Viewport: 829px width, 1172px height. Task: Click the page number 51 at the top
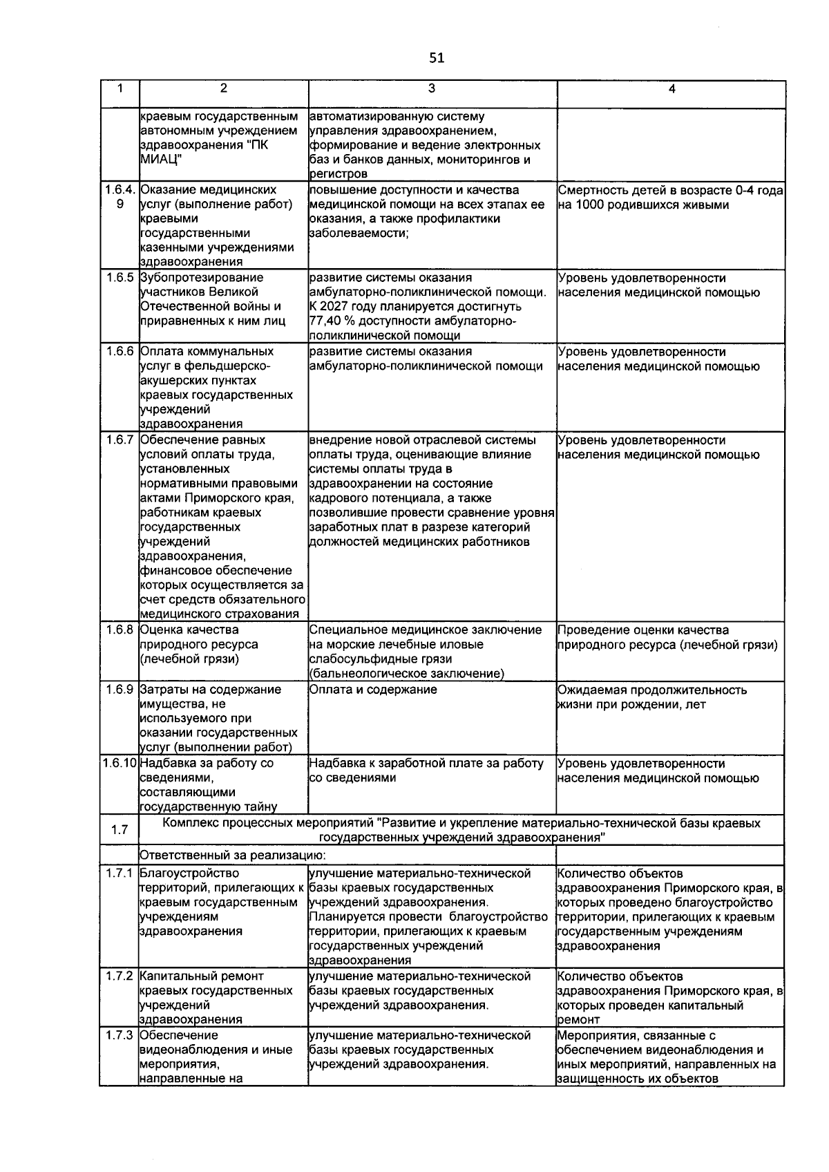[436, 58]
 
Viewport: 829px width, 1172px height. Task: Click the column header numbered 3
[432, 88]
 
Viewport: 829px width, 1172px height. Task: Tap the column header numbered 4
[671, 88]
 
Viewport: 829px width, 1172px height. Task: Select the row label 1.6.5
[120, 278]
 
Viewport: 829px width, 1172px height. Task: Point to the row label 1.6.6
[120, 352]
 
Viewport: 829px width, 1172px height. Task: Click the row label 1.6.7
[120, 440]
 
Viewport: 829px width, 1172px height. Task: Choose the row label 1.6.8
[120, 630]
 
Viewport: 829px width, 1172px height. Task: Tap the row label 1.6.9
[120, 690]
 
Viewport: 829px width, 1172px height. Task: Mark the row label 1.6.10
[120, 764]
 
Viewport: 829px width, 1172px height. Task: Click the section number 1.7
[120, 829]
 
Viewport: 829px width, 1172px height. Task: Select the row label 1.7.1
[120, 873]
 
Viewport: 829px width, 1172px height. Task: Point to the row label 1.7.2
[120, 976]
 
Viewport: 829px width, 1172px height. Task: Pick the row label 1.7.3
[120, 1035]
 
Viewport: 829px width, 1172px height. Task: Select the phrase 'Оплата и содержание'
[373, 690]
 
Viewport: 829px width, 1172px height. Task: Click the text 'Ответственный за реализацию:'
[223, 856]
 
